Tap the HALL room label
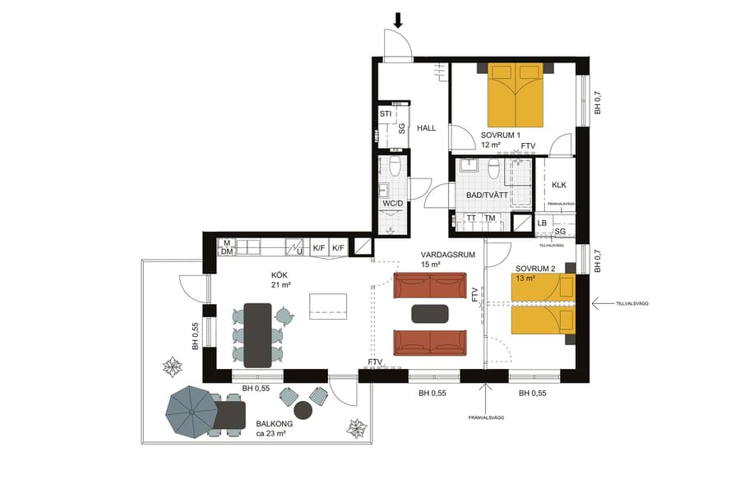coord(426,128)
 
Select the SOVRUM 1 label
coord(501,135)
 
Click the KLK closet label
coord(559,185)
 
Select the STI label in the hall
coord(385,113)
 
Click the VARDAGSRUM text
coord(449,255)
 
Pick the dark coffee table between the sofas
coord(430,313)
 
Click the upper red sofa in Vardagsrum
coord(430,286)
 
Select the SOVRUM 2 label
coord(536,269)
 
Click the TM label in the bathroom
coord(490,219)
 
